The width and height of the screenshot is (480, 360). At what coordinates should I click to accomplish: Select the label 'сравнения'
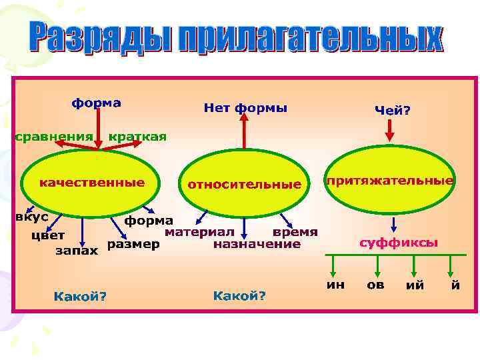coord(53,137)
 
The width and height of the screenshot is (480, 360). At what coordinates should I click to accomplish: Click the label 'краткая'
coord(137,137)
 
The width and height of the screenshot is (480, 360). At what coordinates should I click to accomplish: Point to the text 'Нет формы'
coord(245,107)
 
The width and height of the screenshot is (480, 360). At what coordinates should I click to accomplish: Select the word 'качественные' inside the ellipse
coord(92,182)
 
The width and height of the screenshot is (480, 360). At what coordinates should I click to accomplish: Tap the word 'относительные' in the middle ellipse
coord(244,184)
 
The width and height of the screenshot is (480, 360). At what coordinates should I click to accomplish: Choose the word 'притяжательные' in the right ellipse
coord(390,180)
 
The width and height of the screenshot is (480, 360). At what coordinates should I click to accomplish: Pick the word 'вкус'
coord(31,217)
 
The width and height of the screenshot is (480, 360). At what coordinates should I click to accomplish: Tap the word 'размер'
coord(133,244)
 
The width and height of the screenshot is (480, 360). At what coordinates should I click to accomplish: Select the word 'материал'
coord(199,232)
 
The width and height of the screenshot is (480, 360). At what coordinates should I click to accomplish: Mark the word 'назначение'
coord(257,245)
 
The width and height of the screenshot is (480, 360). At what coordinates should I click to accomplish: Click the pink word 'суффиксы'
coord(399,243)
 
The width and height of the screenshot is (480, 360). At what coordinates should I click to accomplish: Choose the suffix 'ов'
coord(375,285)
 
